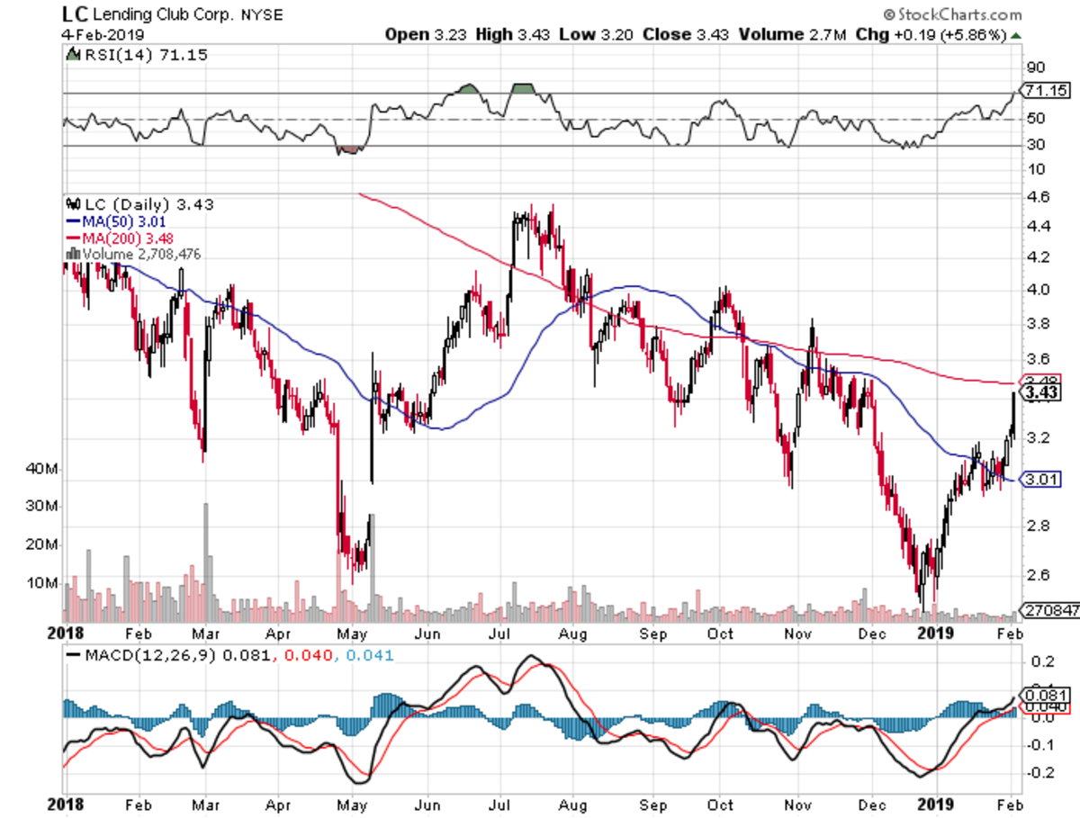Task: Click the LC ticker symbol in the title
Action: pos(75,14)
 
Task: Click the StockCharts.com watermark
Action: pos(952,14)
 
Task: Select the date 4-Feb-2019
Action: pos(96,35)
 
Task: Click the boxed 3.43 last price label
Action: pos(1039,392)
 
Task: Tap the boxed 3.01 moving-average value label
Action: pos(1039,480)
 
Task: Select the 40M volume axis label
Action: pos(43,469)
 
